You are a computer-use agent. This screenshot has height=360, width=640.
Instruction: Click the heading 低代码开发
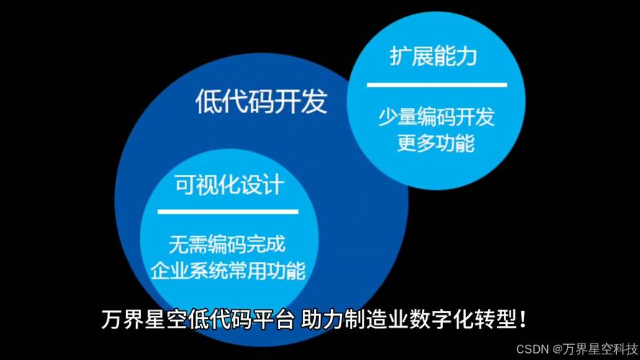pyautogui.click(x=261, y=101)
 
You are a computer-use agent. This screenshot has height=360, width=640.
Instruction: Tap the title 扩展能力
pyautogui.click(x=433, y=56)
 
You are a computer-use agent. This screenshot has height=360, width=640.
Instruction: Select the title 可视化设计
pyautogui.click(x=229, y=185)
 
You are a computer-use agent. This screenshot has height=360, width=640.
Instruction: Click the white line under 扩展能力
pyautogui.click(x=437, y=85)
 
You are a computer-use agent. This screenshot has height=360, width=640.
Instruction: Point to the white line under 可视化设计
pyautogui.click(x=227, y=212)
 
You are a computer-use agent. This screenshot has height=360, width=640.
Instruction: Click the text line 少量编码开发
pyautogui.click(x=436, y=117)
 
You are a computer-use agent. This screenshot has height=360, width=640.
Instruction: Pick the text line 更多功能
pyautogui.click(x=436, y=143)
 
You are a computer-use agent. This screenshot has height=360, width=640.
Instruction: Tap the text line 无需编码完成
pyautogui.click(x=227, y=244)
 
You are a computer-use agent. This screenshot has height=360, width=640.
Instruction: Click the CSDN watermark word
pyautogui.click(x=532, y=349)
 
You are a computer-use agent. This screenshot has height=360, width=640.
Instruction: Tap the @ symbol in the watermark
pyautogui.click(x=557, y=349)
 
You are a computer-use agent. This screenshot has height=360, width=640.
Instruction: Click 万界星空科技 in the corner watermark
pyautogui.click(x=601, y=349)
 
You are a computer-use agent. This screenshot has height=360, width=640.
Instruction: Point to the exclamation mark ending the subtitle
pyautogui.click(x=523, y=320)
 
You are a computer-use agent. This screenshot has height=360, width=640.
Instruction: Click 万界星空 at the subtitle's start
pyautogui.click(x=145, y=319)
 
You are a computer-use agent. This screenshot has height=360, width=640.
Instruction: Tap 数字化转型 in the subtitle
pyautogui.click(x=464, y=319)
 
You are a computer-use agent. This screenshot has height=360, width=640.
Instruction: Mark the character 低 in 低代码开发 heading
pyautogui.click(x=209, y=101)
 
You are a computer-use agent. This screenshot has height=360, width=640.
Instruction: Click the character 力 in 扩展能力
pyautogui.click(x=467, y=56)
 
